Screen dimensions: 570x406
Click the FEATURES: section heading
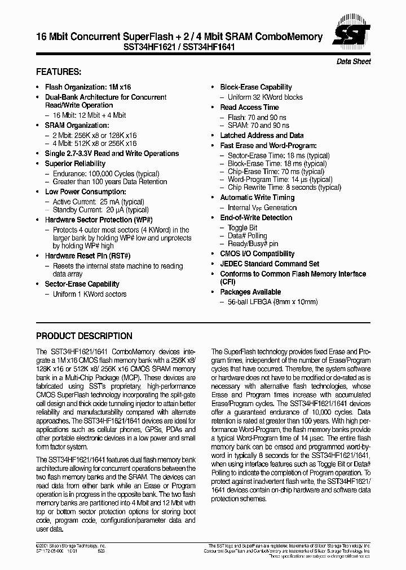(59, 72)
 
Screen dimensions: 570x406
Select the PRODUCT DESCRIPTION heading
(84, 336)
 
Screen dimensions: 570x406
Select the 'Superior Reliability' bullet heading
(75, 164)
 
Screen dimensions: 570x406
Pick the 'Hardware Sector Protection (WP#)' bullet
(99, 220)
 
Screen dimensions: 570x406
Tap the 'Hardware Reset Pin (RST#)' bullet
(87, 256)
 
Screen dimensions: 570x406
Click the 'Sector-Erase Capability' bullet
(82, 284)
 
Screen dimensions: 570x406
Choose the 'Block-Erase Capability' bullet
(255, 87)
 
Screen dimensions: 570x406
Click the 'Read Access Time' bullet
(249, 107)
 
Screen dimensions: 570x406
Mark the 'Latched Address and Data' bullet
(262, 135)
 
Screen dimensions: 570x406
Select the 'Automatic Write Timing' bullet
(257, 198)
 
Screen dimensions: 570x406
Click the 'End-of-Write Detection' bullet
(256, 217)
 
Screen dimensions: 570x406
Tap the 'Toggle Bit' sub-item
(242, 228)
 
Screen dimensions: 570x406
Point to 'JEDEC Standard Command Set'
(270, 264)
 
